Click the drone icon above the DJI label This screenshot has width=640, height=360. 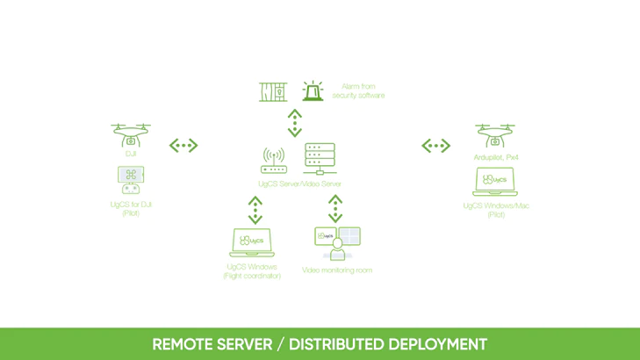pyautogui.click(x=131, y=135)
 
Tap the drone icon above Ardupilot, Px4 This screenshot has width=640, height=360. pyautogui.click(x=495, y=135)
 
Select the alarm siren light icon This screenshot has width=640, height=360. pyautogui.click(x=313, y=90)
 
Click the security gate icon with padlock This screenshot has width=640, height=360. pyautogui.click(x=273, y=92)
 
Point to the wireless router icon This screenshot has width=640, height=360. pyautogui.click(x=273, y=161)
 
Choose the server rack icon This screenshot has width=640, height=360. pyautogui.click(x=320, y=159)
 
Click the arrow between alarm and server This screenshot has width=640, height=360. pyautogui.click(x=295, y=123)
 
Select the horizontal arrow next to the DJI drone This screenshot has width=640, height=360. pyautogui.click(x=183, y=145)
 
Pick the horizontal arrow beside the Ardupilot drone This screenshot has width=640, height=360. pyautogui.click(x=436, y=145)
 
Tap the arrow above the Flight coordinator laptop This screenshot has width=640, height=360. pyautogui.click(x=255, y=210)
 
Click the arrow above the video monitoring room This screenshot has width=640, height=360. pyautogui.click(x=335, y=209)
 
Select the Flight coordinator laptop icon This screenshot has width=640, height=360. pyautogui.click(x=252, y=242)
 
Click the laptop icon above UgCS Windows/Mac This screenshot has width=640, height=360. pyautogui.click(x=495, y=182)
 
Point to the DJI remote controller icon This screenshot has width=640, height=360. pyautogui.click(x=131, y=180)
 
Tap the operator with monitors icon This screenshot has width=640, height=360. pyautogui.click(x=337, y=244)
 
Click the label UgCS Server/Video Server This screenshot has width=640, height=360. pyautogui.click(x=299, y=184)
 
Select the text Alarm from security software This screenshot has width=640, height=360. pyautogui.click(x=358, y=90)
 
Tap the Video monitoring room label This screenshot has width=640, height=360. pyautogui.click(x=337, y=270)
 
